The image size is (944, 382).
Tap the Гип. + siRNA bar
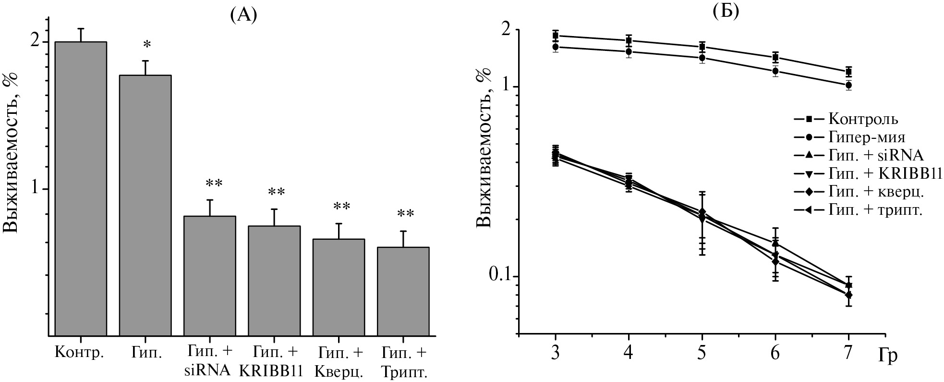[x=209, y=276]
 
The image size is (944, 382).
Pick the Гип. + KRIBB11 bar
[x=274, y=281]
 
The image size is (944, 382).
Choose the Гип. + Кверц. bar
[x=338, y=287]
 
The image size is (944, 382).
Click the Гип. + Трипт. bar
[x=403, y=291]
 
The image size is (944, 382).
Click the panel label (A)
[x=243, y=16]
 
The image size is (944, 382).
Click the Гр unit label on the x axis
[x=888, y=356]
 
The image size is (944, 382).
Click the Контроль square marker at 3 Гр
[x=556, y=36]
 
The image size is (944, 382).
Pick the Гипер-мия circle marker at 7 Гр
[x=848, y=85]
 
